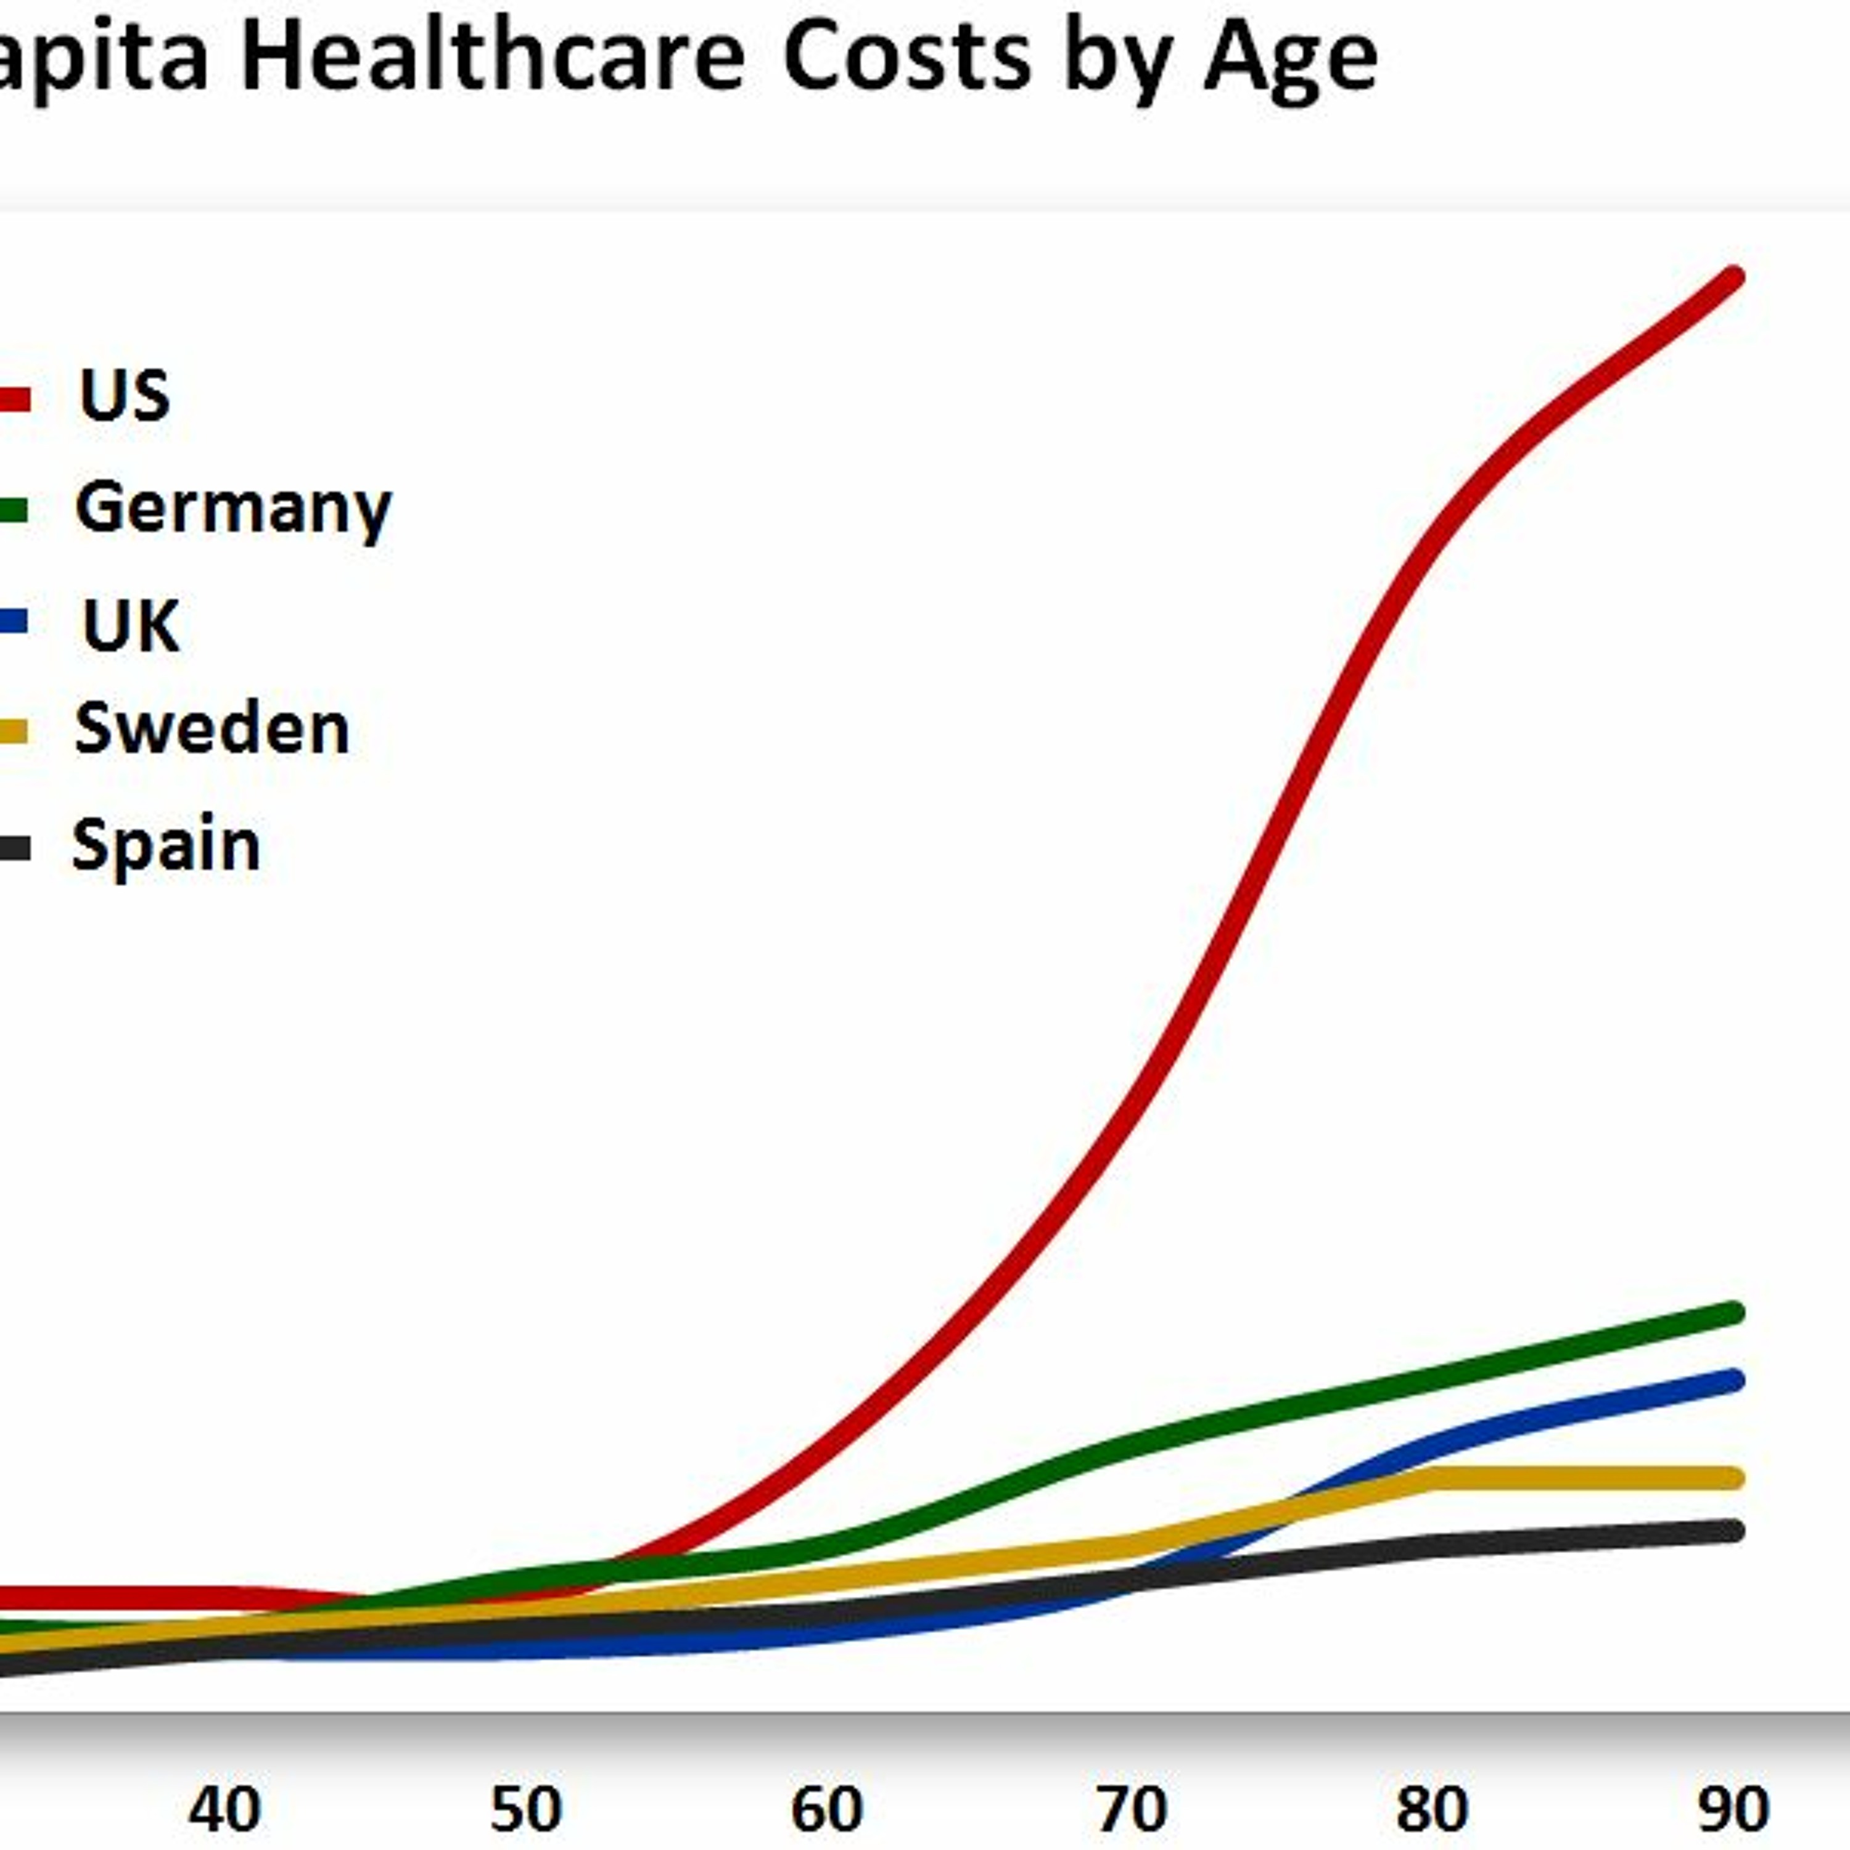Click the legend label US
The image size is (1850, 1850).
tap(125, 395)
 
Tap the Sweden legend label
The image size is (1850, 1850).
tap(212, 729)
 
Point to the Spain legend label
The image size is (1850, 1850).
tap(166, 845)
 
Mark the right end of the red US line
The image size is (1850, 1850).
tap(1733, 277)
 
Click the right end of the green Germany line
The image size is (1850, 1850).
tap(1733, 1313)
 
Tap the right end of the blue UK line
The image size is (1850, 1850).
tap(1733, 1381)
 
